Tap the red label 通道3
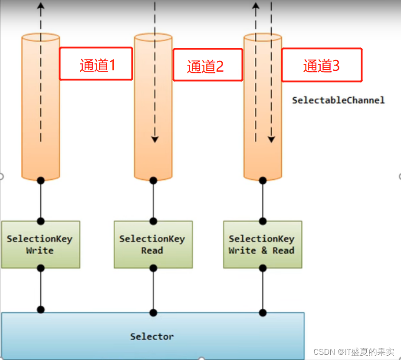(322, 65)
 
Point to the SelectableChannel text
(338, 100)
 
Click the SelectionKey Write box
(40, 244)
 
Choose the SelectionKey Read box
(153, 244)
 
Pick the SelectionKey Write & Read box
(262, 244)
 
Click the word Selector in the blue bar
(152, 337)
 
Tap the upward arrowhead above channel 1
(41, 6)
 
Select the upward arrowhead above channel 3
(256, 6)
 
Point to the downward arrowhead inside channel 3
(271, 139)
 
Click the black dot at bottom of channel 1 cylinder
(41, 180)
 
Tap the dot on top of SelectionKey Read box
(153, 221)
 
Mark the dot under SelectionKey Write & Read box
(263, 268)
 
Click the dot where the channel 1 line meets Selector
(41, 310)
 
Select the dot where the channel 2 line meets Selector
(153, 312)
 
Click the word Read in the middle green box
(152, 251)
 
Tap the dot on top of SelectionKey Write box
(41, 221)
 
